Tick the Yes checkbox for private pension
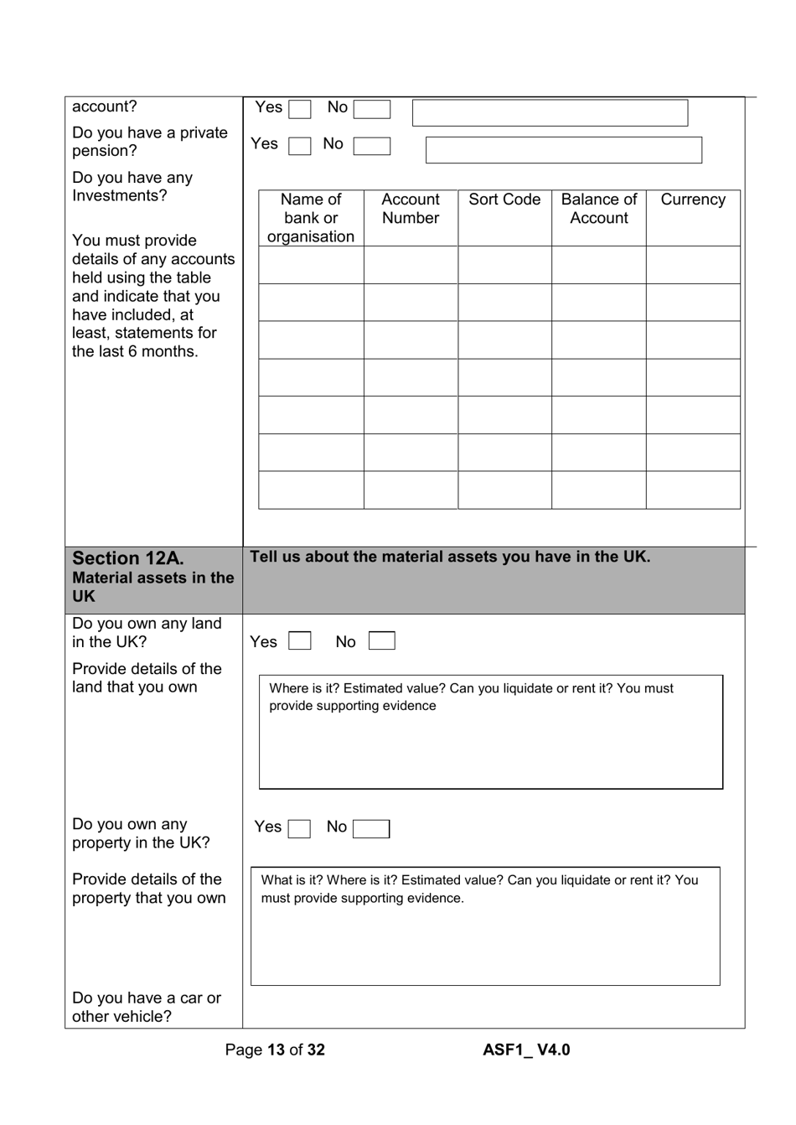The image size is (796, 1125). click(x=299, y=146)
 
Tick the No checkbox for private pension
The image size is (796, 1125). click(x=371, y=146)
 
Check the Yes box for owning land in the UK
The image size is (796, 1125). click(x=299, y=642)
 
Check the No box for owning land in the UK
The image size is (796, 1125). click(x=381, y=642)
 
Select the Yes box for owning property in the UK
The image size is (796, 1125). click(x=299, y=829)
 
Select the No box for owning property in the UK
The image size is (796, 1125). click(x=371, y=829)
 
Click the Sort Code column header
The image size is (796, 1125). click(x=504, y=200)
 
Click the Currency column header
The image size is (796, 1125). click(x=693, y=200)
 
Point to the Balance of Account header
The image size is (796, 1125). click(x=598, y=209)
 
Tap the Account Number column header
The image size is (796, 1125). click(x=411, y=209)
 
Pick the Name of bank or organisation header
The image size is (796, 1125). click(x=311, y=218)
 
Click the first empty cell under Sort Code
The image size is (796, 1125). click(x=504, y=265)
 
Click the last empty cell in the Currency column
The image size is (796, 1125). click(x=693, y=490)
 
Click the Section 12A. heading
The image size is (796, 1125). click(x=128, y=559)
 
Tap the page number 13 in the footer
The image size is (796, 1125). click(x=276, y=1050)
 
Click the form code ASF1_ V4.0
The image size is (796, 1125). click(x=526, y=1050)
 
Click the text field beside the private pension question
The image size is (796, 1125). click(x=563, y=150)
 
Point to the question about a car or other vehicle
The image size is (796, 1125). click(x=147, y=1008)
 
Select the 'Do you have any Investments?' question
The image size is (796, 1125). click(x=132, y=187)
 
